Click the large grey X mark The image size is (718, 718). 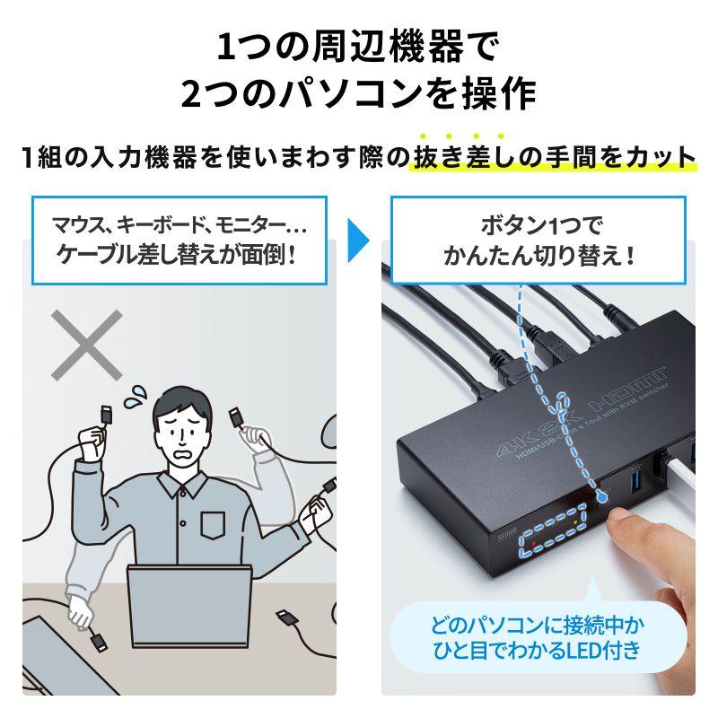click(86, 345)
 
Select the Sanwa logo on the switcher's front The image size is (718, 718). click(501, 536)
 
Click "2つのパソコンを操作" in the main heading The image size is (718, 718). click(358, 92)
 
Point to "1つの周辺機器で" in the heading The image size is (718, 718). click(358, 44)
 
